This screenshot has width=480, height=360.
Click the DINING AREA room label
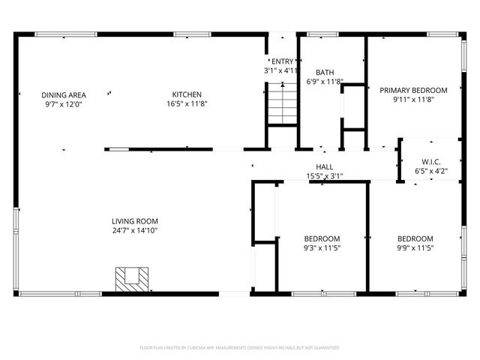point(64,94)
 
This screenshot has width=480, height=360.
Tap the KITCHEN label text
point(187,94)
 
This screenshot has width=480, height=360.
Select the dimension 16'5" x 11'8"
point(187,103)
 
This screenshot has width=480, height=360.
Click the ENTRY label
point(282,62)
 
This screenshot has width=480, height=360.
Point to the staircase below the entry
point(281,105)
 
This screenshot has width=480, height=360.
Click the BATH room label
point(325,73)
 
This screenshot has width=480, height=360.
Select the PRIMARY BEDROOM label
point(413,90)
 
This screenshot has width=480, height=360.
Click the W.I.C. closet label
point(430,161)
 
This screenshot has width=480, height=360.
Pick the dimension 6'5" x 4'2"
point(430,171)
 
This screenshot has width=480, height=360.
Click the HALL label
point(325,167)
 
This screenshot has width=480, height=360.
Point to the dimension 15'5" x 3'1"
point(325,176)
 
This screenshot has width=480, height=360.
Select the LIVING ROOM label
point(135,221)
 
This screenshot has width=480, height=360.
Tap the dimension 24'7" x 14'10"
point(135,230)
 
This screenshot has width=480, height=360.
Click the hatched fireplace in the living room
point(132,278)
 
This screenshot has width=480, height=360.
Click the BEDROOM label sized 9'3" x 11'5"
point(322,238)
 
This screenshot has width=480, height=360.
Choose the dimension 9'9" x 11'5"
point(415,247)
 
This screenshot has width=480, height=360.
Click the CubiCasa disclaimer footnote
point(240,348)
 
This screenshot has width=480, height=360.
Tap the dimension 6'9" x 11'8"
point(325,82)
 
